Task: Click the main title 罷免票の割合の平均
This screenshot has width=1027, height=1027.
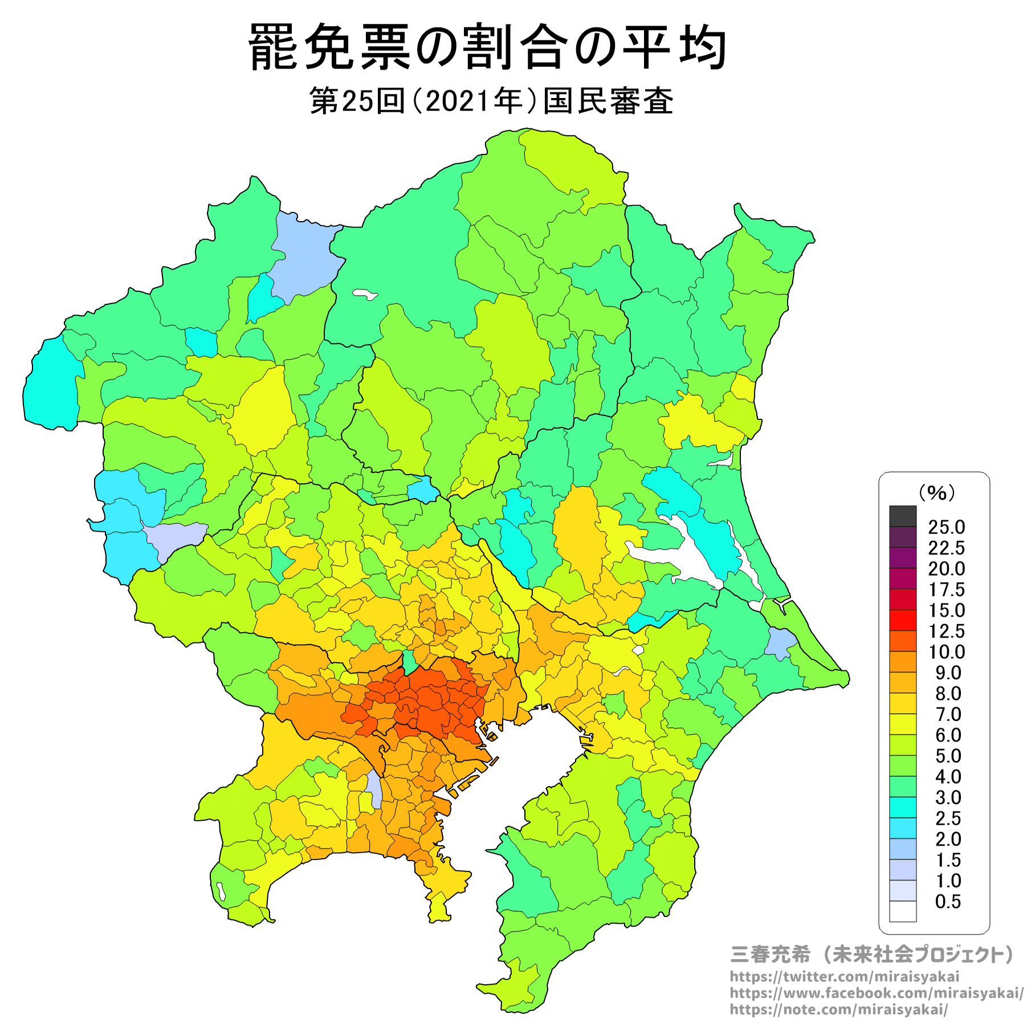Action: pos(488,48)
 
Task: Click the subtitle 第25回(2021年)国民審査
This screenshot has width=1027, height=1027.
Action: pos(491,101)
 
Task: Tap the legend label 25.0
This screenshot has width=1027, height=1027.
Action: pos(946,527)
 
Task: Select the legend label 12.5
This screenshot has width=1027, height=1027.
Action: pos(946,631)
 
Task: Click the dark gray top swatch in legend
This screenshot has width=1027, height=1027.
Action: pos(903,516)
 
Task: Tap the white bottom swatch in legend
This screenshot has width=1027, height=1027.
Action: pos(903,911)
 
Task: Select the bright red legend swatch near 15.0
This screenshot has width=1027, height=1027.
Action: pos(903,620)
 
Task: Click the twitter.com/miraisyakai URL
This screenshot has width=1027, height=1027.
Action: pos(844,977)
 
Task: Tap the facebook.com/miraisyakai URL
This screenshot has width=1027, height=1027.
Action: pos(876,993)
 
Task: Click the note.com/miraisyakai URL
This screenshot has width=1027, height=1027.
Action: pos(839,1010)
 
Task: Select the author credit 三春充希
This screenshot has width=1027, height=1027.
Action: pos(770,955)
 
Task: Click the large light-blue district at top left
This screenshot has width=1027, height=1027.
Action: pos(305,256)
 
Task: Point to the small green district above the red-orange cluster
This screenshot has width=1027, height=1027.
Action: pos(409,662)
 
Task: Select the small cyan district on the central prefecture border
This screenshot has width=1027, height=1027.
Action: pos(423,489)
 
